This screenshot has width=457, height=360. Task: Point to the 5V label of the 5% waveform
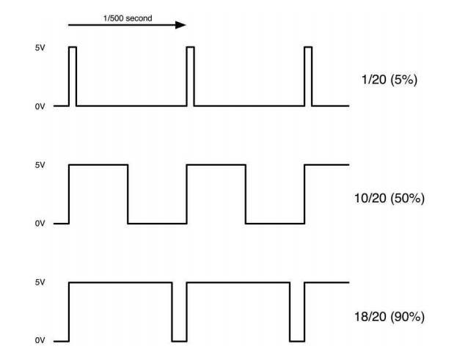point(40,48)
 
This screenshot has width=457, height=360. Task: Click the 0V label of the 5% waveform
point(40,107)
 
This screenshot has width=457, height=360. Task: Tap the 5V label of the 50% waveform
point(40,166)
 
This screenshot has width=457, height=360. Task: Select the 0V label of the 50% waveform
point(40,224)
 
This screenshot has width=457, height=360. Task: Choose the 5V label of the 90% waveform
point(40,283)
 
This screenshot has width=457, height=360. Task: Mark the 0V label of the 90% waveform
point(40,342)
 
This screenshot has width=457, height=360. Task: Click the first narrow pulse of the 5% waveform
point(72,73)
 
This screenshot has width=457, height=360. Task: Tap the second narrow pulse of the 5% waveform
point(190,73)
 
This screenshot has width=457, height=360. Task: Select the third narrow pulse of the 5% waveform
point(307,73)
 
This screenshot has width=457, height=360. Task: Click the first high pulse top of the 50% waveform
point(98,165)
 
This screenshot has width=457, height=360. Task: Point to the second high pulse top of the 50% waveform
point(216,165)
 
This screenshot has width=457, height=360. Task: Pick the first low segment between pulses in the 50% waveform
point(157,224)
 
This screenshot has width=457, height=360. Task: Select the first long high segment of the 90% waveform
point(120,282)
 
